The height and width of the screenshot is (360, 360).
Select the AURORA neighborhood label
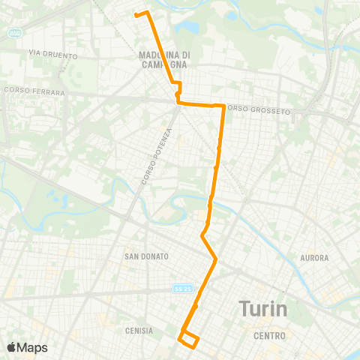pyautogui.click(x=313, y=258)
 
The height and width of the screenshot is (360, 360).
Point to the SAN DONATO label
pyautogui.click(x=146, y=256)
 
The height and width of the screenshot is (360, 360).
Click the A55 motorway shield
pyautogui.click(x=14, y=33)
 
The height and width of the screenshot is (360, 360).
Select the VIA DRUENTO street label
pyautogui.click(x=44, y=52)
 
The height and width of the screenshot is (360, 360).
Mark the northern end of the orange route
pyautogui.click(x=136, y=14)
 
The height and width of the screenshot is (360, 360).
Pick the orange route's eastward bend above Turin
pyautogui.click(x=216, y=259)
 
